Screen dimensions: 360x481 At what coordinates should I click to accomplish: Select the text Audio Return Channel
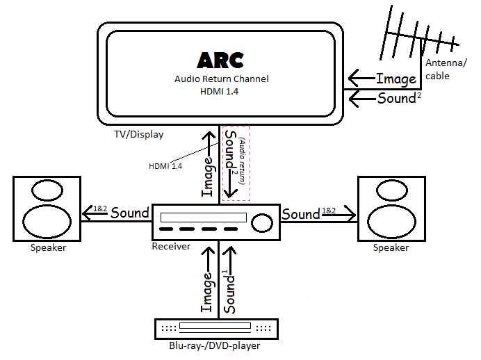(x=220, y=79)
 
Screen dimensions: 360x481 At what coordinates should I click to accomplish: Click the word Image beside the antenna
(x=396, y=79)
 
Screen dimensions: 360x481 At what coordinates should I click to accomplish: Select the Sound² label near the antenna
(x=399, y=98)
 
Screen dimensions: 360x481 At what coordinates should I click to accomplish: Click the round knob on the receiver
(x=261, y=222)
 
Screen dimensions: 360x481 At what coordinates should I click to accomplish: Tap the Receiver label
(x=171, y=246)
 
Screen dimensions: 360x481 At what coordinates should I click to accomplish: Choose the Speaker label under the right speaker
(x=391, y=248)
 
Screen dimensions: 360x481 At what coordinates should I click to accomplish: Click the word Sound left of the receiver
(x=130, y=213)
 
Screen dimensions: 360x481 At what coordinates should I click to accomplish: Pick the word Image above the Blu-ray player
(x=207, y=293)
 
